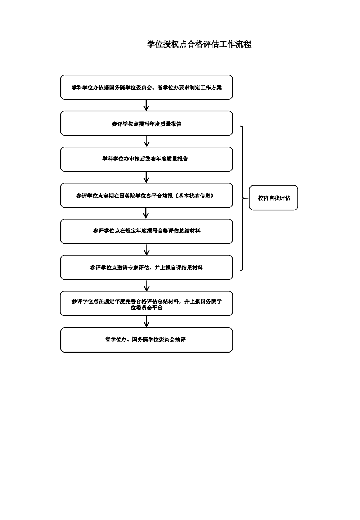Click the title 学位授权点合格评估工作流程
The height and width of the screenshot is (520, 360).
(199, 44)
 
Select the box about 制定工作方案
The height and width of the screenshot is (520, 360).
(147, 87)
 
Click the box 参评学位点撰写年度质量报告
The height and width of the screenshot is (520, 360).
(147, 124)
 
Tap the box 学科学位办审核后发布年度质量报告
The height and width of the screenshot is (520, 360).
(147, 159)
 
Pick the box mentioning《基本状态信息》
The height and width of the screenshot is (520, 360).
(147, 196)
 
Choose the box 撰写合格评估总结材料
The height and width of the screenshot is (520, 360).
(147, 231)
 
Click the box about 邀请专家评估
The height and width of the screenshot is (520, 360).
(147, 268)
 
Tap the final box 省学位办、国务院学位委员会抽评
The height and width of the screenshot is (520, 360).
(147, 340)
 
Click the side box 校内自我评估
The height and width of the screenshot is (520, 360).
(274, 198)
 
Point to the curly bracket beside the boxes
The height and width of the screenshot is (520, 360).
(243, 198)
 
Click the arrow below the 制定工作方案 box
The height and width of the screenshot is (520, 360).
(146, 105)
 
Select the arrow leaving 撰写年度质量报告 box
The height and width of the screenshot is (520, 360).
(147, 141)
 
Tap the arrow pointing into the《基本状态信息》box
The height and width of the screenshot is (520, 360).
(146, 177)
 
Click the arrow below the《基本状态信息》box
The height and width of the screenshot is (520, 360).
(146, 213)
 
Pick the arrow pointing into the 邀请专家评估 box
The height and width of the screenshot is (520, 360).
(147, 250)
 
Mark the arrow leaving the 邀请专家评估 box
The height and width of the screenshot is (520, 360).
(147, 286)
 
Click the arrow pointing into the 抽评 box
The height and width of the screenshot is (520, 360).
(147, 322)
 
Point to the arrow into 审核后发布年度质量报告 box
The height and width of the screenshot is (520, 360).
(147, 141)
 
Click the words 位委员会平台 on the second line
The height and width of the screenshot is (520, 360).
(147, 308)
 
